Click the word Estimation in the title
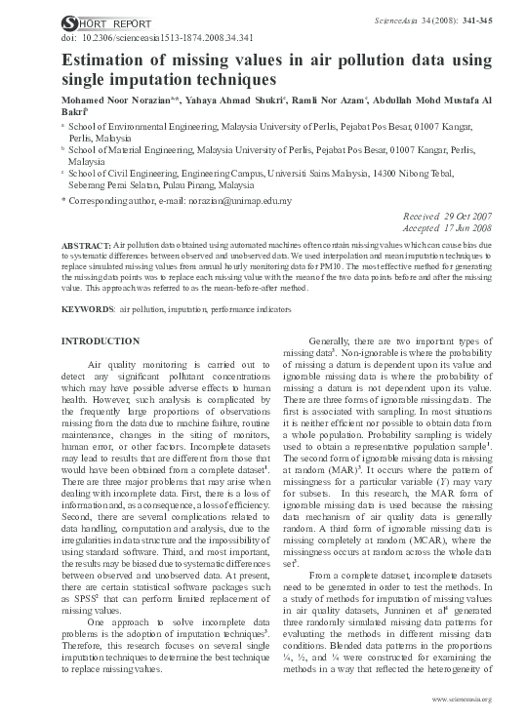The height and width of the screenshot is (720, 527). [x=106, y=60]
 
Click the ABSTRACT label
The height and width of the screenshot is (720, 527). [x=87, y=245]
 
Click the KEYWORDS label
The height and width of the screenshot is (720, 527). [x=87, y=308]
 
